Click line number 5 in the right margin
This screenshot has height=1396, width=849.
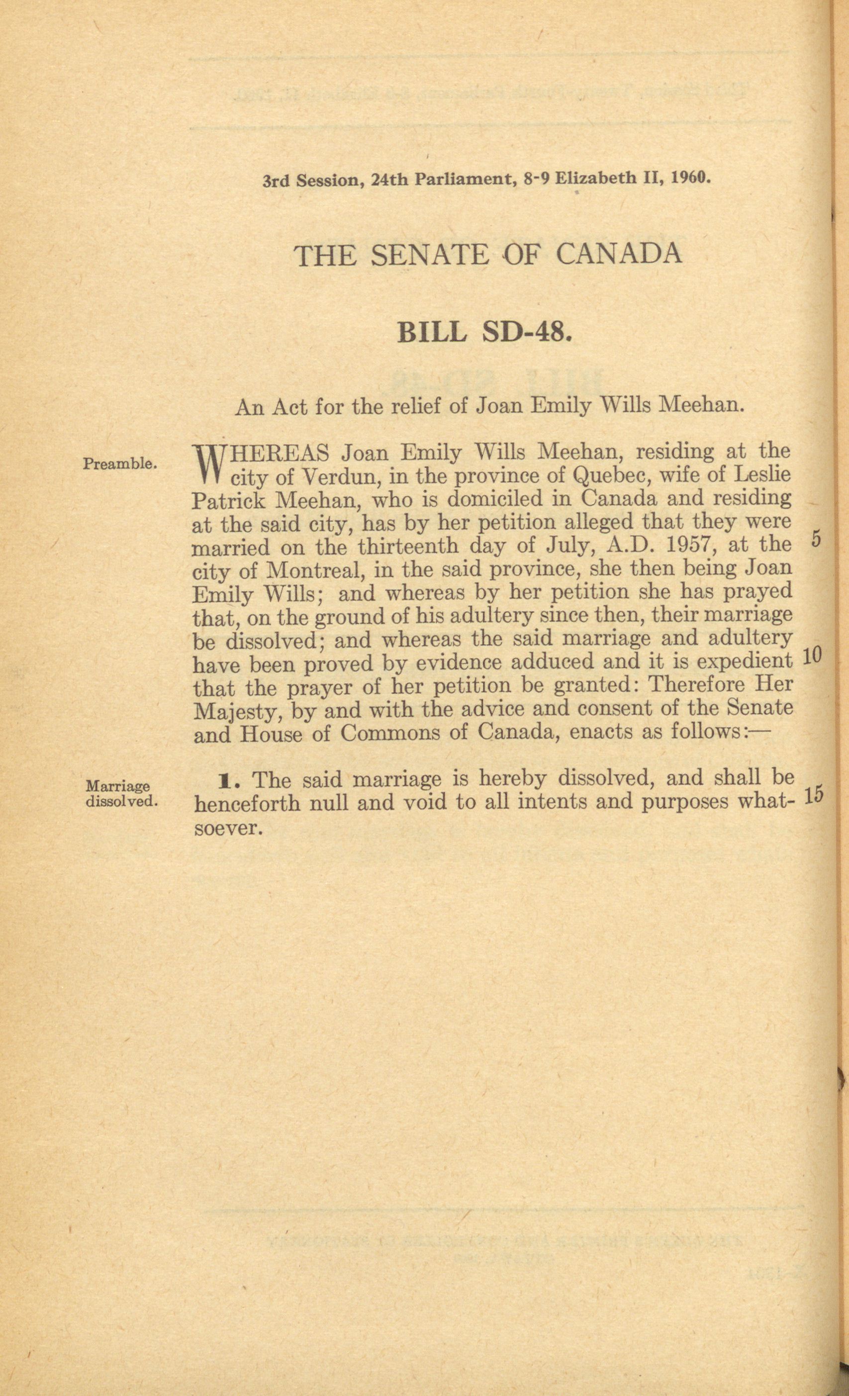tap(816, 539)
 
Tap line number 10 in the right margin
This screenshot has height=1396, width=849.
tap(813, 656)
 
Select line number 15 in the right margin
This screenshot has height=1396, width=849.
tap(813, 795)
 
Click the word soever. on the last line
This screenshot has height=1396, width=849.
tap(227, 829)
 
